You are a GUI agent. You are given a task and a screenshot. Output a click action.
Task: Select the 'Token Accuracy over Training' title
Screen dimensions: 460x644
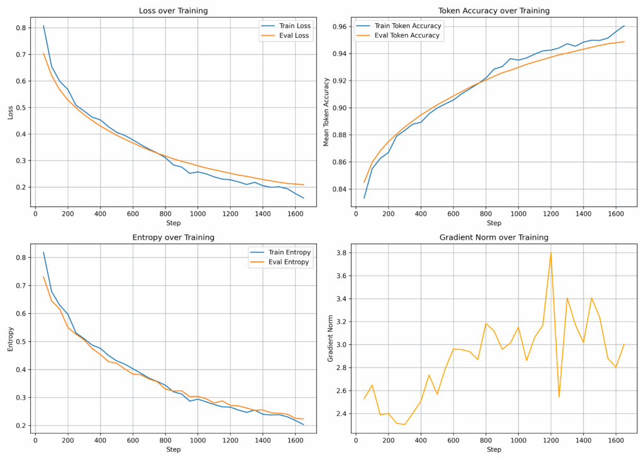click(494, 11)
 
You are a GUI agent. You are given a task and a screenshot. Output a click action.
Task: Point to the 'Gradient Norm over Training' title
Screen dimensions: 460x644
click(494, 237)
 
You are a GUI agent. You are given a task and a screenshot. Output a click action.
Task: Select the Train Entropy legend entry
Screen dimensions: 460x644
click(286, 252)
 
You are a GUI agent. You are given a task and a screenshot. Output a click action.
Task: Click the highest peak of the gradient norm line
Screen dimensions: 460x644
click(551, 252)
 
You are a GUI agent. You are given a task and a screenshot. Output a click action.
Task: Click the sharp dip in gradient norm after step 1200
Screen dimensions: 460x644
click(559, 397)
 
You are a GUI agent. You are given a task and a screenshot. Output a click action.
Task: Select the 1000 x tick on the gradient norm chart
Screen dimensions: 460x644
click(518, 439)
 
